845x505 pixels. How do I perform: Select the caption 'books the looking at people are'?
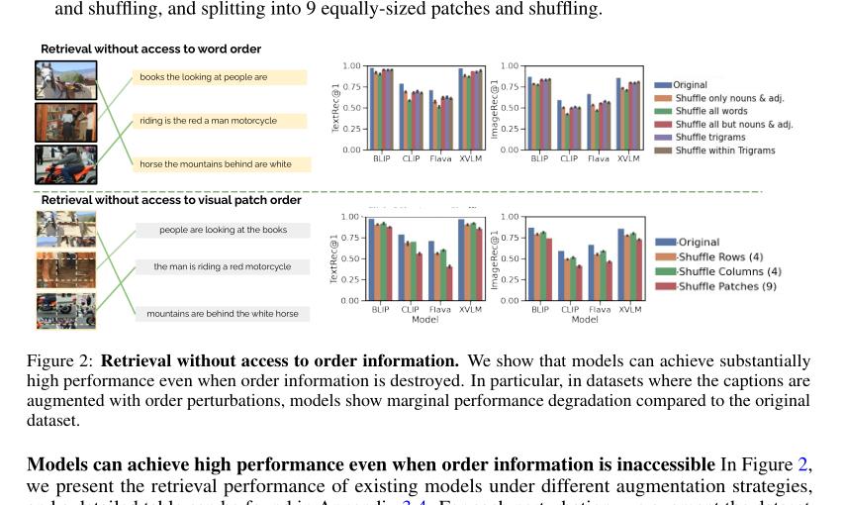tap(203, 77)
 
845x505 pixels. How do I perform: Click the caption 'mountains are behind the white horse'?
tap(222, 314)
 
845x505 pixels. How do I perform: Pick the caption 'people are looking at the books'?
tap(223, 230)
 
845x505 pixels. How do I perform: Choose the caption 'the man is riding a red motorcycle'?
tap(222, 267)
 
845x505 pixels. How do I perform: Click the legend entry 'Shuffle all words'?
tap(710, 112)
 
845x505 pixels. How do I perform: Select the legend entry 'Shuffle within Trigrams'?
tap(724, 151)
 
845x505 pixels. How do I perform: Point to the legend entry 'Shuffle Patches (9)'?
tap(726, 286)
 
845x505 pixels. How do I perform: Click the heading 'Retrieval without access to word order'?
tap(150, 49)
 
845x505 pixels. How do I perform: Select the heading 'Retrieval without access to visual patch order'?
tap(171, 200)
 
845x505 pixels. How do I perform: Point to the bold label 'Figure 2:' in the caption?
tap(60, 361)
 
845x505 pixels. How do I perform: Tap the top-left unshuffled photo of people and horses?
tap(66, 80)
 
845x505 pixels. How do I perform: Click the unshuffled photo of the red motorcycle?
tap(66, 165)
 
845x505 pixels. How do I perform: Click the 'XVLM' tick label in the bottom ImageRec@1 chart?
tap(629, 309)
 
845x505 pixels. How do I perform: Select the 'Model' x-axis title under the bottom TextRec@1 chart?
tap(424, 320)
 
